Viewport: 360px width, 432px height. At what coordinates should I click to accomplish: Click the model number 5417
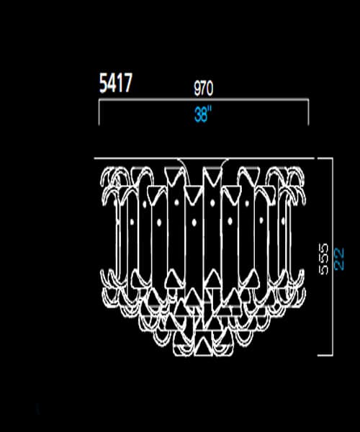click(x=116, y=83)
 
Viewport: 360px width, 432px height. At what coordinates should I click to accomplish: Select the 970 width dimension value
click(x=204, y=88)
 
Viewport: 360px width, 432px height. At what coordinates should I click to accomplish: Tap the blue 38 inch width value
click(x=203, y=114)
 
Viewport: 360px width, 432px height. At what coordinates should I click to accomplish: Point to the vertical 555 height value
click(x=324, y=258)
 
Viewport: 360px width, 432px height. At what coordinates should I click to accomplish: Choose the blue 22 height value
click(x=339, y=258)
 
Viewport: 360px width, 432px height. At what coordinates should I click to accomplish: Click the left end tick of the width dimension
click(x=99, y=112)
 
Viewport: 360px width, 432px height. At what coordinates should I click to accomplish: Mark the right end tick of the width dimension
click(x=308, y=112)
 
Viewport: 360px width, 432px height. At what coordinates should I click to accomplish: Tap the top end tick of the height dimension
click(x=325, y=158)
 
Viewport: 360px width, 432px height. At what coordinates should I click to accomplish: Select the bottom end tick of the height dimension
click(x=325, y=355)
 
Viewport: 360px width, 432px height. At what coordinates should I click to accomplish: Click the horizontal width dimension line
click(x=204, y=100)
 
